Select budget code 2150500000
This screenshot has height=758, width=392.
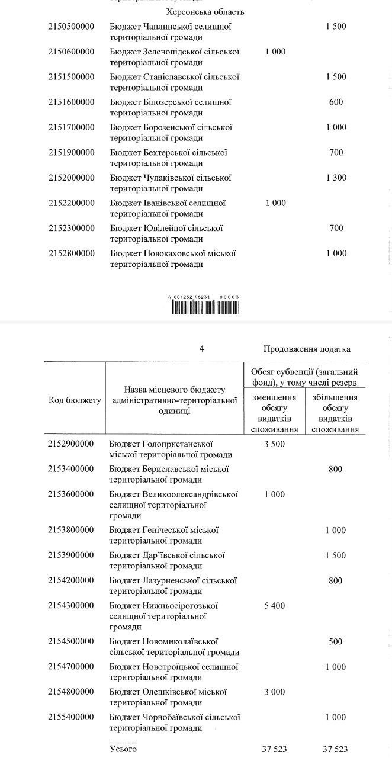[x=71, y=27]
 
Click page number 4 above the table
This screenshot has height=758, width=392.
[x=202, y=349]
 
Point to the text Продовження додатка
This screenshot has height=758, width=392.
[x=307, y=349]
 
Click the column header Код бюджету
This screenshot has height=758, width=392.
[x=75, y=400]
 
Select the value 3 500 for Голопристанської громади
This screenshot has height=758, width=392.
[x=274, y=444]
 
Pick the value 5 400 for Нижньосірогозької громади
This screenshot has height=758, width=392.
[x=274, y=606]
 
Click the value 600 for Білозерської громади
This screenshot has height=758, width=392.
[x=336, y=102]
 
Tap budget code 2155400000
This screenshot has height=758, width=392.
[x=71, y=717]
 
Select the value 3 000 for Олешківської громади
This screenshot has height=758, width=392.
[x=274, y=692]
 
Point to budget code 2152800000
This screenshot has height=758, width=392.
[x=71, y=253]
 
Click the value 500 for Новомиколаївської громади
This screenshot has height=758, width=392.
[x=336, y=641]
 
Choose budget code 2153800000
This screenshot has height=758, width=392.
[x=71, y=530]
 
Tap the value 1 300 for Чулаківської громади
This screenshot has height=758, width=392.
[x=336, y=178]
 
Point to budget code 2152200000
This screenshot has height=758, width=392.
[x=71, y=203]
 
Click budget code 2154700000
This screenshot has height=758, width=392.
[x=71, y=667]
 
